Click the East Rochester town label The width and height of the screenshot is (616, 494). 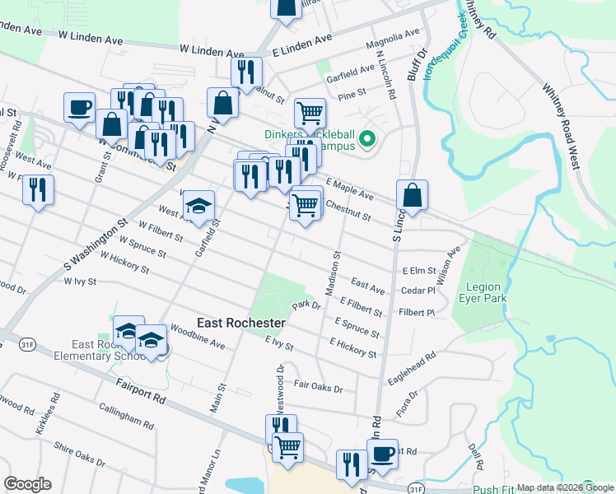point(241,323)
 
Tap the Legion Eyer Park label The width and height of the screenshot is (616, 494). point(483,292)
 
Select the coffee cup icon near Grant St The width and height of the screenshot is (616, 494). point(80,108)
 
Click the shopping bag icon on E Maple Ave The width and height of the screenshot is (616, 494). point(412,195)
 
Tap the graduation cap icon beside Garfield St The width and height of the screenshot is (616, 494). point(198,206)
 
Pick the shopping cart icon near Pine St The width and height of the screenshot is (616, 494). point(310,113)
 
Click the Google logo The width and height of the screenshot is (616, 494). point(27,484)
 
